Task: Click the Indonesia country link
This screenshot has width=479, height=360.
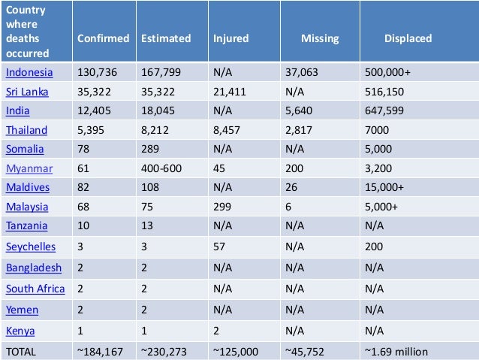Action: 29,73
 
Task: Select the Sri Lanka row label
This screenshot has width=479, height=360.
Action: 27,92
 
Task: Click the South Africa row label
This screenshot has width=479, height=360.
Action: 35,289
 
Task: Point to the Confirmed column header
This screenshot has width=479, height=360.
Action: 104,38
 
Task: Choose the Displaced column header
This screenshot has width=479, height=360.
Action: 408,38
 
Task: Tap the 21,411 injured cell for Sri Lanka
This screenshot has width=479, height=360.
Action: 230,92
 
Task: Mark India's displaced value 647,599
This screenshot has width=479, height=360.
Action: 386,110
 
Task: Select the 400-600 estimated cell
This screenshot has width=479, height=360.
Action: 162,168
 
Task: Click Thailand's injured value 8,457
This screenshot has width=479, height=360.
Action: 227,129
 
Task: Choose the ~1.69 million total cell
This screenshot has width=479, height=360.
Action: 396,350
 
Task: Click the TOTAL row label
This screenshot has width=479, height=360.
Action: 21,350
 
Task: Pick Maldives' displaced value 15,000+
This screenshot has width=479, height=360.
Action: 386,187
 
